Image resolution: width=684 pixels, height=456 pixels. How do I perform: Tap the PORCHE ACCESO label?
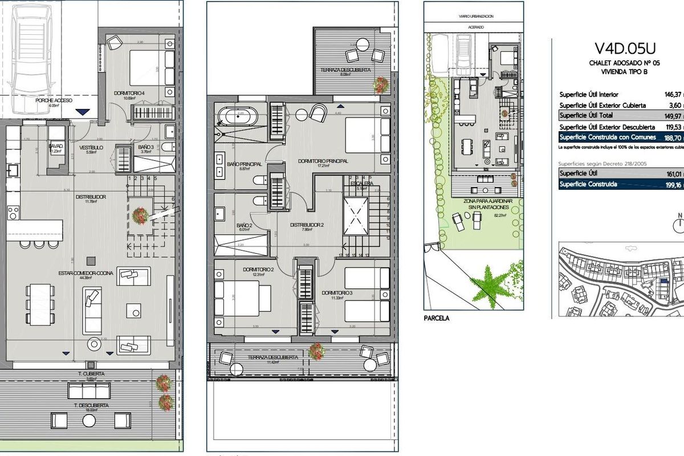click(55, 100)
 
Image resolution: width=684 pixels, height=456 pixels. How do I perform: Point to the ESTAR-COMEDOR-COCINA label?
click(85, 273)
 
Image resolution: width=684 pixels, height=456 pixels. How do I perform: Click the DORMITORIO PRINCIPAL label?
click(323, 161)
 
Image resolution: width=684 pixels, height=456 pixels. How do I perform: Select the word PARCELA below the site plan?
click(437, 318)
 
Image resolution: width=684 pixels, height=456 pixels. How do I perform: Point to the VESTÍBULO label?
click(90, 146)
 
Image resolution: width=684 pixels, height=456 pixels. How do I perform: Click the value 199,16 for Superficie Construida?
click(674, 185)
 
